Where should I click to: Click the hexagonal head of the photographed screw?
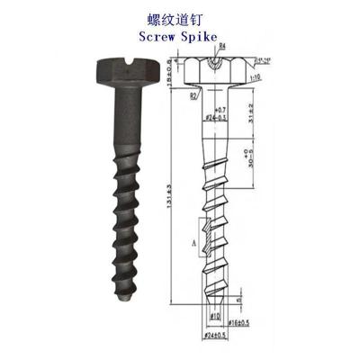pos(117,71)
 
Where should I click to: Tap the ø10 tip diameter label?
pos(217,316)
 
